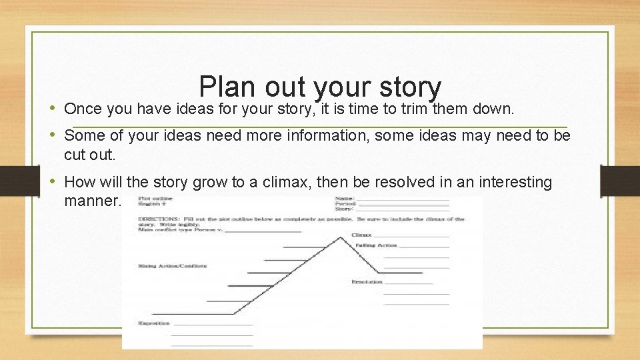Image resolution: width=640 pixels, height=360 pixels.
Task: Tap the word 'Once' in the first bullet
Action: click(x=81, y=109)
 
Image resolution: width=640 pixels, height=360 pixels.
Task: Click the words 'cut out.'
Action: click(x=90, y=155)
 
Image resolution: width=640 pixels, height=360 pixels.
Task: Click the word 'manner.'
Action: click(x=93, y=200)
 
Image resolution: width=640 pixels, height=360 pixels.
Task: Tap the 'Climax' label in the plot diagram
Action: click(x=361, y=235)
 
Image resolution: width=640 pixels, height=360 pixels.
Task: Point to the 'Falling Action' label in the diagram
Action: click(x=376, y=245)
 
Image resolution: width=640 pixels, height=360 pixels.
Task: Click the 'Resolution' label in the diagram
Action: click(x=367, y=282)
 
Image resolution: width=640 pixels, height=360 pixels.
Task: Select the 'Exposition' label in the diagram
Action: click(x=154, y=323)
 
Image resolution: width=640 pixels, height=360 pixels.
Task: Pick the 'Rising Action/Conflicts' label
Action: click(x=173, y=266)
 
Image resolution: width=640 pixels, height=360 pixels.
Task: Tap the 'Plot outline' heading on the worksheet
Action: click(x=155, y=198)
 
